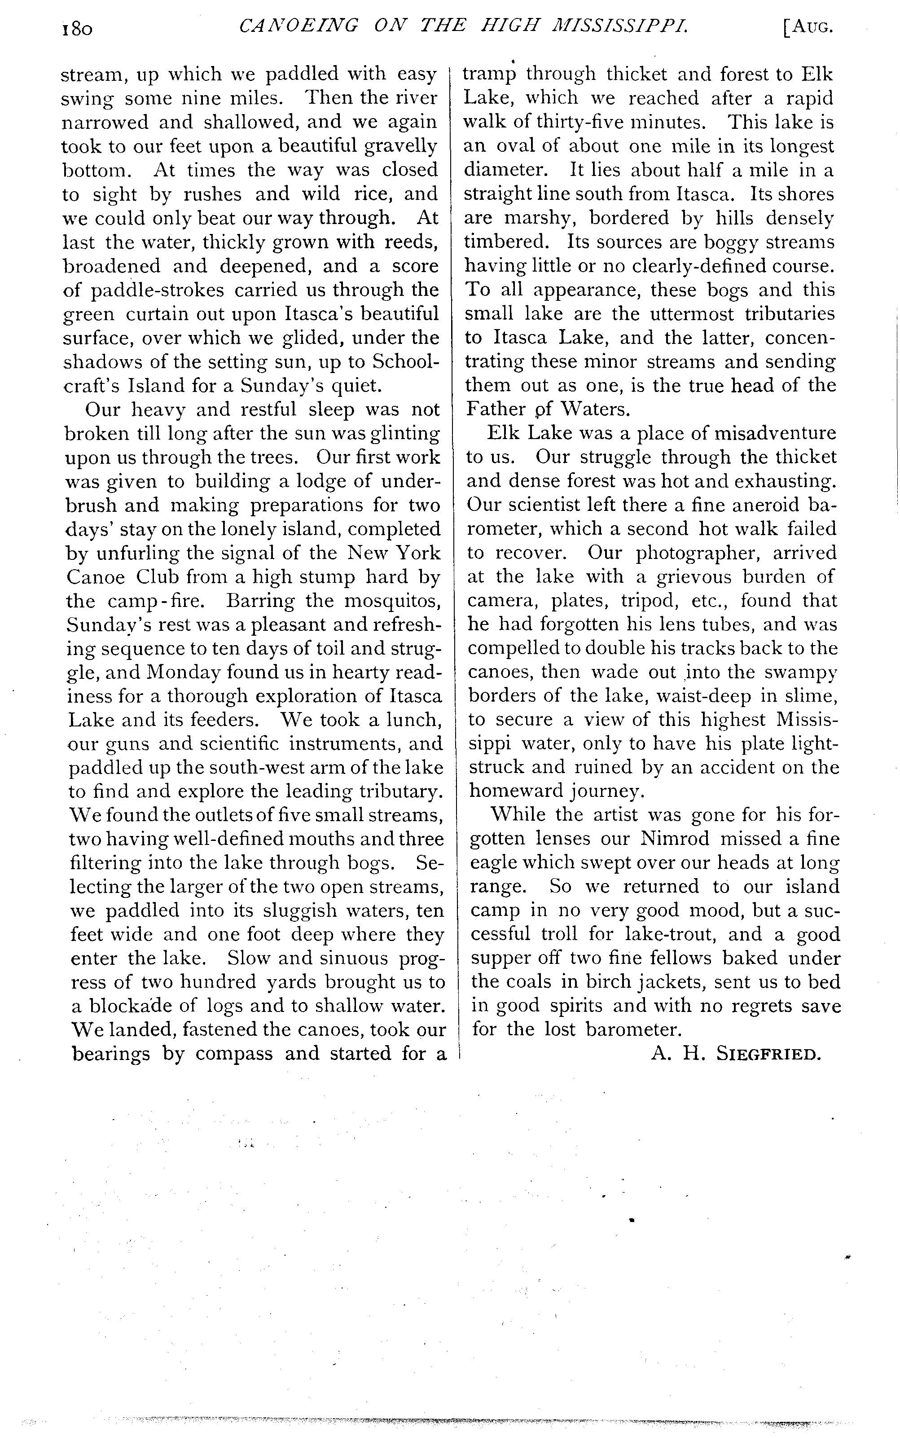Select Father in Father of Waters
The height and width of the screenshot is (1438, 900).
pyautogui.click(x=496, y=409)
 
